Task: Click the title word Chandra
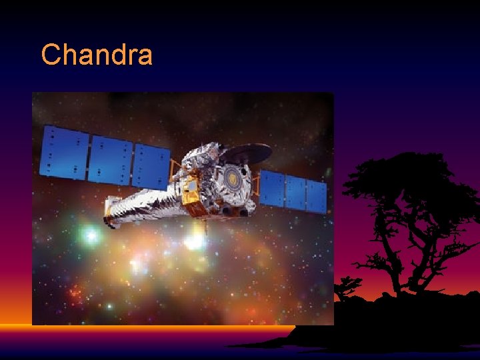click(97, 55)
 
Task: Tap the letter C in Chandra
click(51, 55)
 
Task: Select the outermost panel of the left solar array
click(64, 151)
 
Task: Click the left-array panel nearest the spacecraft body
click(151, 166)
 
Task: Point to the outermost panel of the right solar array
click(317, 196)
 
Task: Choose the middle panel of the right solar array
click(295, 191)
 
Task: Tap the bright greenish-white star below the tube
click(91, 235)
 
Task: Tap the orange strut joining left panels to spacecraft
click(175, 171)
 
